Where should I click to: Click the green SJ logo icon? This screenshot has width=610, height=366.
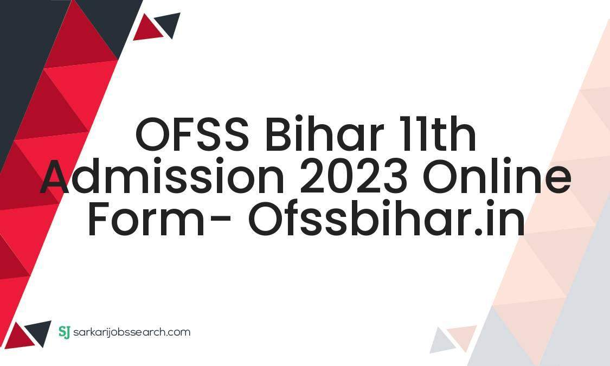64,332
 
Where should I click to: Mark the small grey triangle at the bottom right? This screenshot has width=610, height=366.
442,341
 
